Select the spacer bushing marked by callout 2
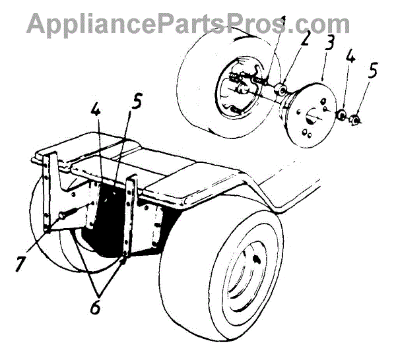[282, 90]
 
